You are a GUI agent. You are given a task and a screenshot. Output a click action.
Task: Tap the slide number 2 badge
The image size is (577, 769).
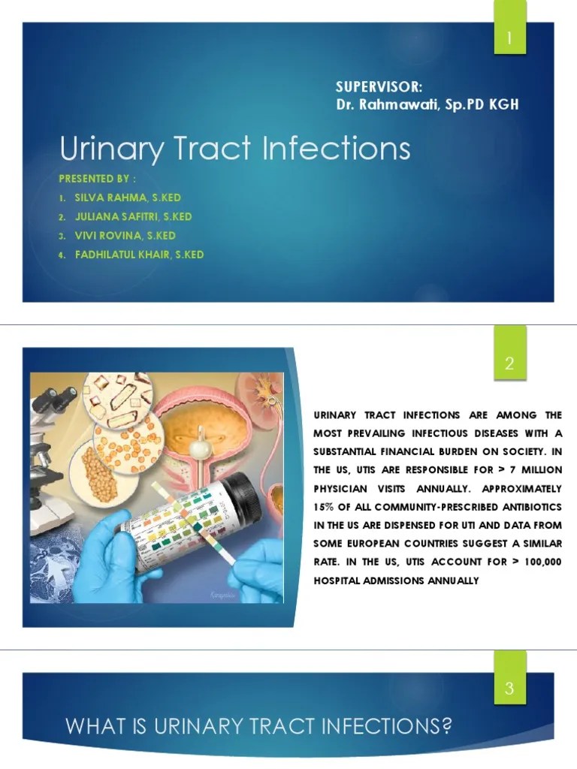(x=509, y=366)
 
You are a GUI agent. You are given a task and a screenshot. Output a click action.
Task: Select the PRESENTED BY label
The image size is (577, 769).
(x=98, y=180)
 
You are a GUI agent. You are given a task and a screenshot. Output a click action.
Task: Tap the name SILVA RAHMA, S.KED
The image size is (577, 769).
(x=127, y=198)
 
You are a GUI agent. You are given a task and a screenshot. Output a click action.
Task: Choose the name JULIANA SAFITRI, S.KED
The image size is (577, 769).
(x=133, y=216)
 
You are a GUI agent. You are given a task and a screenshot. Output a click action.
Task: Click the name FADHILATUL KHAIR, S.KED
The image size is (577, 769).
(x=139, y=255)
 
